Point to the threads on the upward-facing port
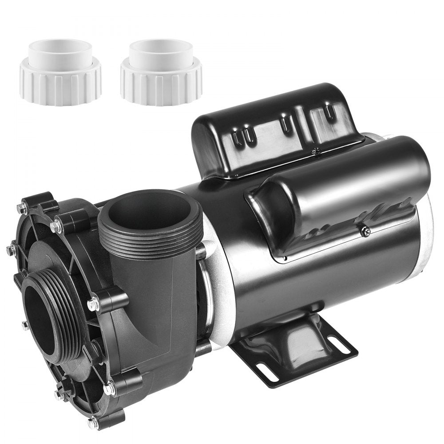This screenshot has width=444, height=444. click(x=151, y=246)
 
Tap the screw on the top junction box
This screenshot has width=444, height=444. click(x=316, y=151)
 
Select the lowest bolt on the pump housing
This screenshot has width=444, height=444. click(x=92, y=422)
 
